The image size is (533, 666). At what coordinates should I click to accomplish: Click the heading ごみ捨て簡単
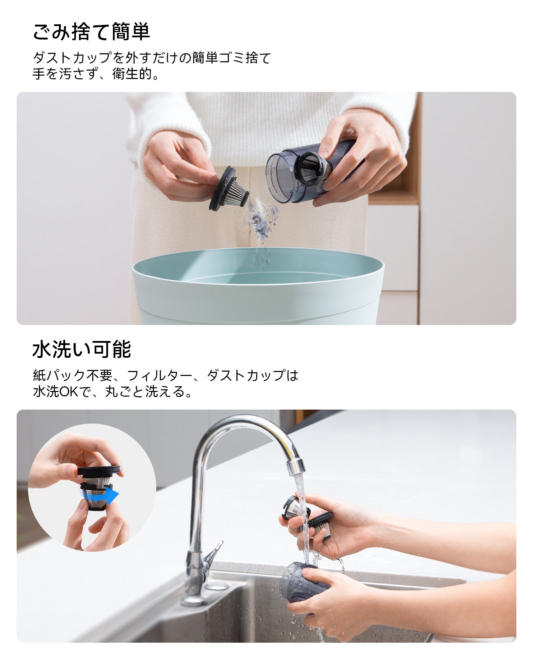tap(91, 32)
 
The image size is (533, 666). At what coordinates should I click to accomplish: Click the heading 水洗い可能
tap(82, 349)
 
